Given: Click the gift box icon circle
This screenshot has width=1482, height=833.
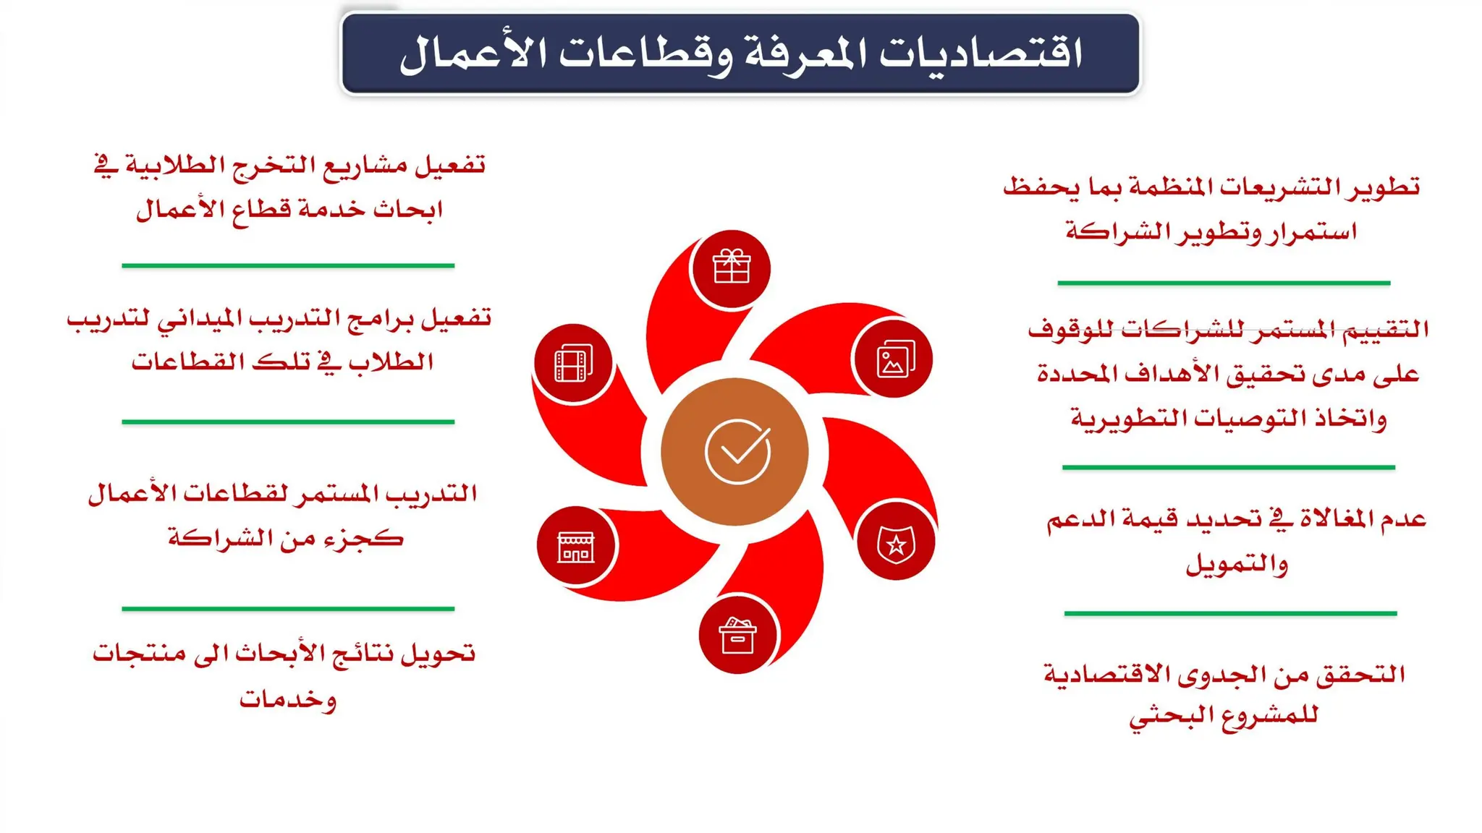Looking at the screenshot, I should click(731, 268).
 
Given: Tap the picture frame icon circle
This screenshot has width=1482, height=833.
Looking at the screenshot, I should click(894, 359).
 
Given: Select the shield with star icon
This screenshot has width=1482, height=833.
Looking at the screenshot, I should click(896, 543).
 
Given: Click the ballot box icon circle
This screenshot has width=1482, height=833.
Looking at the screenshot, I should click(737, 636).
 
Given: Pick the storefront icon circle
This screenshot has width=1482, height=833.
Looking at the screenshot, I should click(576, 546).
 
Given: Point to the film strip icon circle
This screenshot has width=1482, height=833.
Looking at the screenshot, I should click(573, 362).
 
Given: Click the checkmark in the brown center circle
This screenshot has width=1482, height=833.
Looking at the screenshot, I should click(737, 451).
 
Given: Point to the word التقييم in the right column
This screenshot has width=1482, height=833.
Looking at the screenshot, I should click(1383, 330).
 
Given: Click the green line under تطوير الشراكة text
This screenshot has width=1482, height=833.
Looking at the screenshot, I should click(1224, 283).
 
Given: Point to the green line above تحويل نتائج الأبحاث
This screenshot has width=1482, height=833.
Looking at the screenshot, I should click(288, 609).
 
